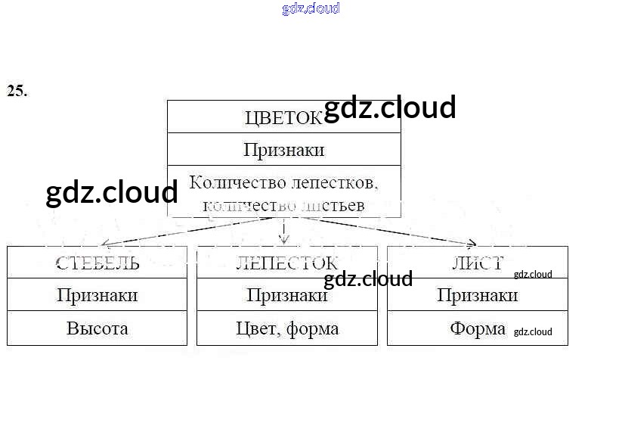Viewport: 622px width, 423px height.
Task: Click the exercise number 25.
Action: [17, 92]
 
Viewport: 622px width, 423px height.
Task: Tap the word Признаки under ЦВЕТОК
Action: [283, 150]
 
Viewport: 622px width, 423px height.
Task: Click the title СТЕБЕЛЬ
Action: [97, 263]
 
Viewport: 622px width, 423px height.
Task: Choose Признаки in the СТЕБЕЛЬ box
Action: [97, 295]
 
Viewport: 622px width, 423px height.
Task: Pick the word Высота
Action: [97, 328]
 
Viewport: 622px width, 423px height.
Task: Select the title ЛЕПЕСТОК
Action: [286, 263]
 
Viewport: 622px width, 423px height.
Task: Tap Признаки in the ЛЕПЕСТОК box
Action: [286, 295]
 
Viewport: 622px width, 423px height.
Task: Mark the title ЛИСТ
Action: [478, 263]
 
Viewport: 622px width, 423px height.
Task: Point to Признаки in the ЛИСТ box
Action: [477, 295]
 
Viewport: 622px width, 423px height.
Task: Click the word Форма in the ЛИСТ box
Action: [478, 328]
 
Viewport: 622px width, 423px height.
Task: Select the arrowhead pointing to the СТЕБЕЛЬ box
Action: [106, 244]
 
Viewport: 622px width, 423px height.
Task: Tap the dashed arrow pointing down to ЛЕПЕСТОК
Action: [283, 232]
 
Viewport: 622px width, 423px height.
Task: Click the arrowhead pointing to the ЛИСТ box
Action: [471, 244]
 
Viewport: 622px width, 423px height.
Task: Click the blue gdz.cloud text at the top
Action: [311, 8]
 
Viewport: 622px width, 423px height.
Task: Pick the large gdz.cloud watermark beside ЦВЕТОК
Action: [389, 107]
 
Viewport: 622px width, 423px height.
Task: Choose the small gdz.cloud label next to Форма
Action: [533, 331]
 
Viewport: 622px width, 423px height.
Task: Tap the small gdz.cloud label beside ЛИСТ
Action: [533, 275]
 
